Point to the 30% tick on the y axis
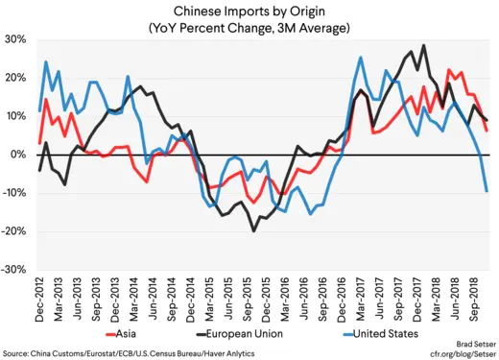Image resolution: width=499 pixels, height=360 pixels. pos(15,39)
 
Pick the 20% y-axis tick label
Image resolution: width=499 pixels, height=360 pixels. pos(15,78)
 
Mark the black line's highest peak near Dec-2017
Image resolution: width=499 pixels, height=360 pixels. pos(423,45)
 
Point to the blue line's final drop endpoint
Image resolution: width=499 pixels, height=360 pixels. pos(487,191)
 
